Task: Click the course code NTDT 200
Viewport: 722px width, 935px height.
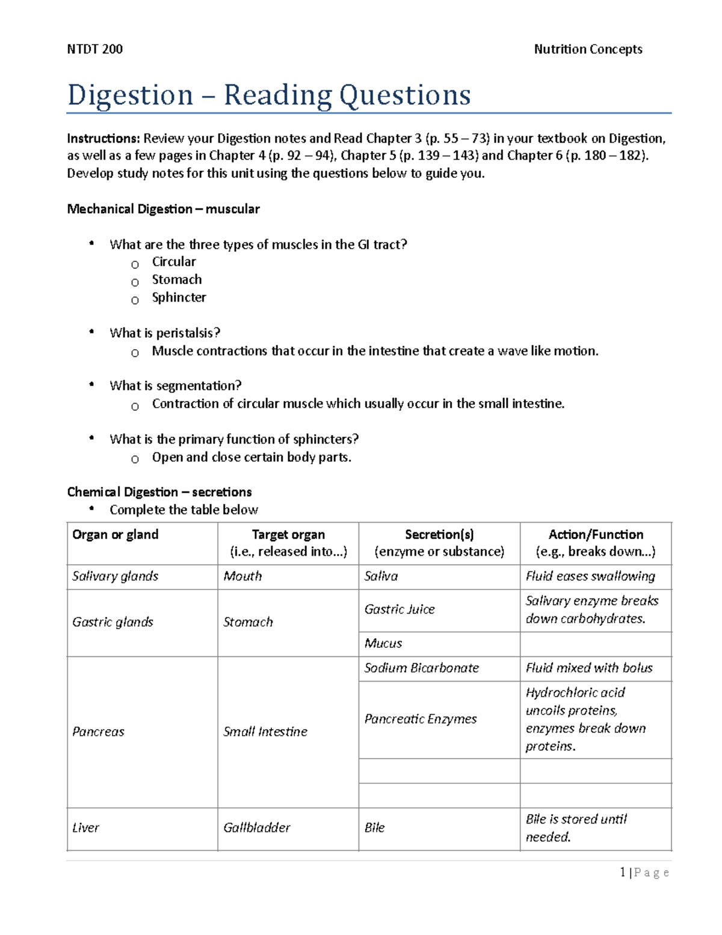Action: click(x=94, y=49)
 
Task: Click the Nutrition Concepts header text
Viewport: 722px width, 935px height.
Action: click(x=588, y=49)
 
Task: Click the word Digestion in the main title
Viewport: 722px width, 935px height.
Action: click(x=130, y=95)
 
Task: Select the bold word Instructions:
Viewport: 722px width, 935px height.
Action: click(x=103, y=138)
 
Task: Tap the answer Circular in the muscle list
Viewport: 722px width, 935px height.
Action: click(x=173, y=262)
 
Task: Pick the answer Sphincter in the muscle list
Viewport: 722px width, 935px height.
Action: click(x=179, y=297)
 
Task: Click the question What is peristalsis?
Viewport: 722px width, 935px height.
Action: click(x=165, y=333)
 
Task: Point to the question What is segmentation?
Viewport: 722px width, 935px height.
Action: click(x=175, y=386)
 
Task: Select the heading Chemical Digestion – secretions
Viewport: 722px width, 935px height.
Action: click(x=159, y=492)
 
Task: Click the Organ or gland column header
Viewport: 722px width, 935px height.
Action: click(x=116, y=535)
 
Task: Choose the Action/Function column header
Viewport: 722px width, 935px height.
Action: click(x=596, y=535)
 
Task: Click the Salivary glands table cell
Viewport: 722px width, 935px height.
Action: click(x=115, y=576)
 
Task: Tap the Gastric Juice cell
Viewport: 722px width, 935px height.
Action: click(x=400, y=609)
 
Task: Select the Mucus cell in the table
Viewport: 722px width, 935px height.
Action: click(x=383, y=644)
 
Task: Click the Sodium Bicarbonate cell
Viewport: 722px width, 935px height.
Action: click(x=421, y=668)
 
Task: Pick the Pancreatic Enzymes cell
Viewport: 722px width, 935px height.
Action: click(x=421, y=719)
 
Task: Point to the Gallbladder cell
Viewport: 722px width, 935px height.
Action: click(x=256, y=828)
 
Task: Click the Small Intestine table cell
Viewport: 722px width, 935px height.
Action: click(x=265, y=732)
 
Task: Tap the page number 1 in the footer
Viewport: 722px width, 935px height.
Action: click(x=623, y=872)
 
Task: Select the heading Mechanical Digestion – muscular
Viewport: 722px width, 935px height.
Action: click(x=163, y=209)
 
